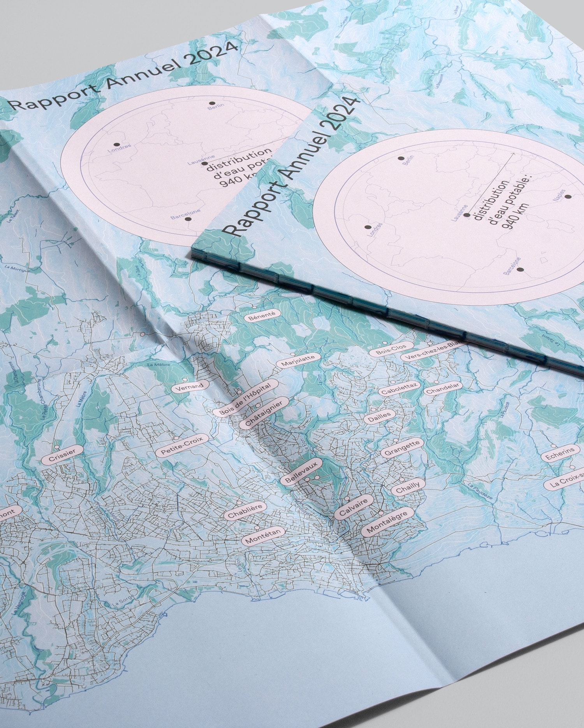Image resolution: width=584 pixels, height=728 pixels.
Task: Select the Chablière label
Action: (x=247, y=511)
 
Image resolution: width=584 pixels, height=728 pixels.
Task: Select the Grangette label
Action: (x=402, y=449)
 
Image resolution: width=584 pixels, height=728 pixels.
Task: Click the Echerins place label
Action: (x=560, y=455)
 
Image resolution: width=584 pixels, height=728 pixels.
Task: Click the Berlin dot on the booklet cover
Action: (x=400, y=158)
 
